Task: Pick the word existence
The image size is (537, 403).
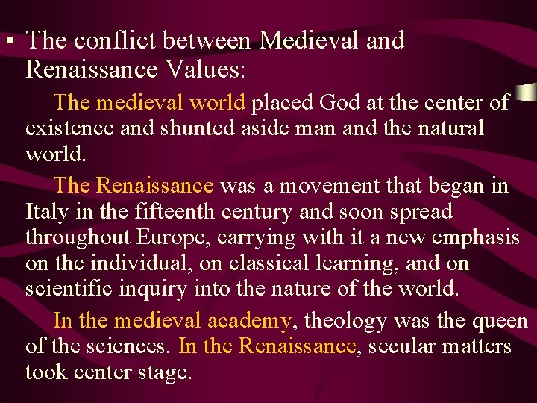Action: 69,128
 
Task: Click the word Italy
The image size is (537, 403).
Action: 45,212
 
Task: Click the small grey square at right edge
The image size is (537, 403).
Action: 528,93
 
